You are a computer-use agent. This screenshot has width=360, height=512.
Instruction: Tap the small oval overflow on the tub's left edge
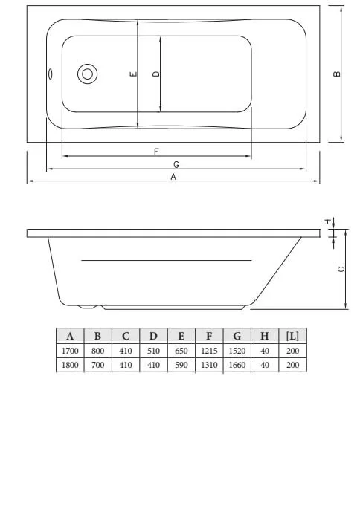[x=50, y=74]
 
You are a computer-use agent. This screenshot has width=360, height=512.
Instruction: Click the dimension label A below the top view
[x=173, y=177]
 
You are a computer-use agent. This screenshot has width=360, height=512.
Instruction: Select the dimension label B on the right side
[x=337, y=74]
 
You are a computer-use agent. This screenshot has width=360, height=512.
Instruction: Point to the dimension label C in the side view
[x=340, y=269]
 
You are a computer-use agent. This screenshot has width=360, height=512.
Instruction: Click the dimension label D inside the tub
[x=155, y=74]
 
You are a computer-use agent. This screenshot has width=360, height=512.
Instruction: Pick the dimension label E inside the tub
[x=132, y=74]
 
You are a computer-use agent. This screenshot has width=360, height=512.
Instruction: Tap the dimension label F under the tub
[x=156, y=151]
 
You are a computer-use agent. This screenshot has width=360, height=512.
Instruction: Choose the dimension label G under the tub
[x=176, y=164]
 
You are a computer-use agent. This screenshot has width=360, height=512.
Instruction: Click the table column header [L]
[x=292, y=336]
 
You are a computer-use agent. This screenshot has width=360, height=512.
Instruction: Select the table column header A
[x=70, y=336]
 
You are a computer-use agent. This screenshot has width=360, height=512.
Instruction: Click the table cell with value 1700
[x=70, y=351]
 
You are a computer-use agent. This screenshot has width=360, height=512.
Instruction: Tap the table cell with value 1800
[x=70, y=365]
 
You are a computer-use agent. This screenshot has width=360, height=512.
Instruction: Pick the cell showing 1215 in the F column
[x=209, y=351]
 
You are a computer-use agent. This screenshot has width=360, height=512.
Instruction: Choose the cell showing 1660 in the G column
[x=237, y=365]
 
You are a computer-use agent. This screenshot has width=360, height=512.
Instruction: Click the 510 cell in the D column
[x=153, y=351]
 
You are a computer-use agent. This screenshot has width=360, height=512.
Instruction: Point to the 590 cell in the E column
[x=181, y=365]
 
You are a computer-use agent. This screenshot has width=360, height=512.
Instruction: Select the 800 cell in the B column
[x=97, y=351]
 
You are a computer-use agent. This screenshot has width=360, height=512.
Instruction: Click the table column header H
[x=264, y=336]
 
